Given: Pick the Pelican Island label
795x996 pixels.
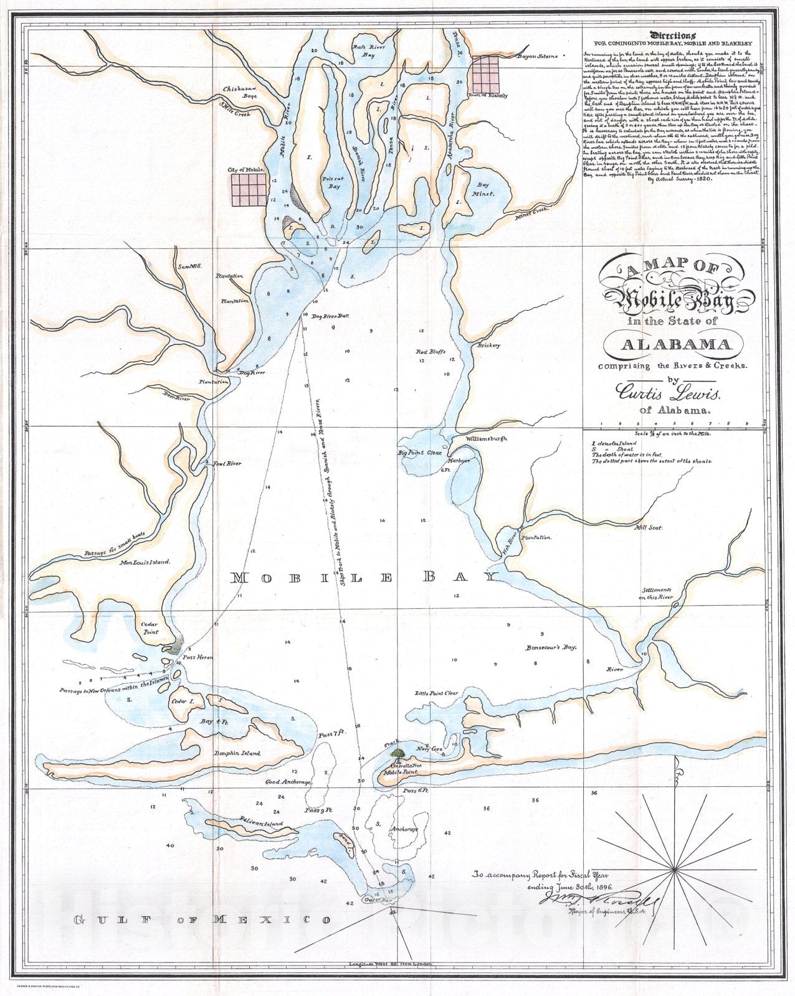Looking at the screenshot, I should pos(261,824).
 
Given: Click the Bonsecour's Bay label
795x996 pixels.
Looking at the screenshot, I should pos(551,647).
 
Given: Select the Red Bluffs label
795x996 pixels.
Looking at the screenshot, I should pos(431,352).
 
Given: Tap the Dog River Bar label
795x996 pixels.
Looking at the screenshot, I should pos(331,317).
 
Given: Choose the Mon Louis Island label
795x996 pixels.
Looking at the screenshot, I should pos(145,562).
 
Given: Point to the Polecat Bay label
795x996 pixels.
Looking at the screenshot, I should pos(331,182).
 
